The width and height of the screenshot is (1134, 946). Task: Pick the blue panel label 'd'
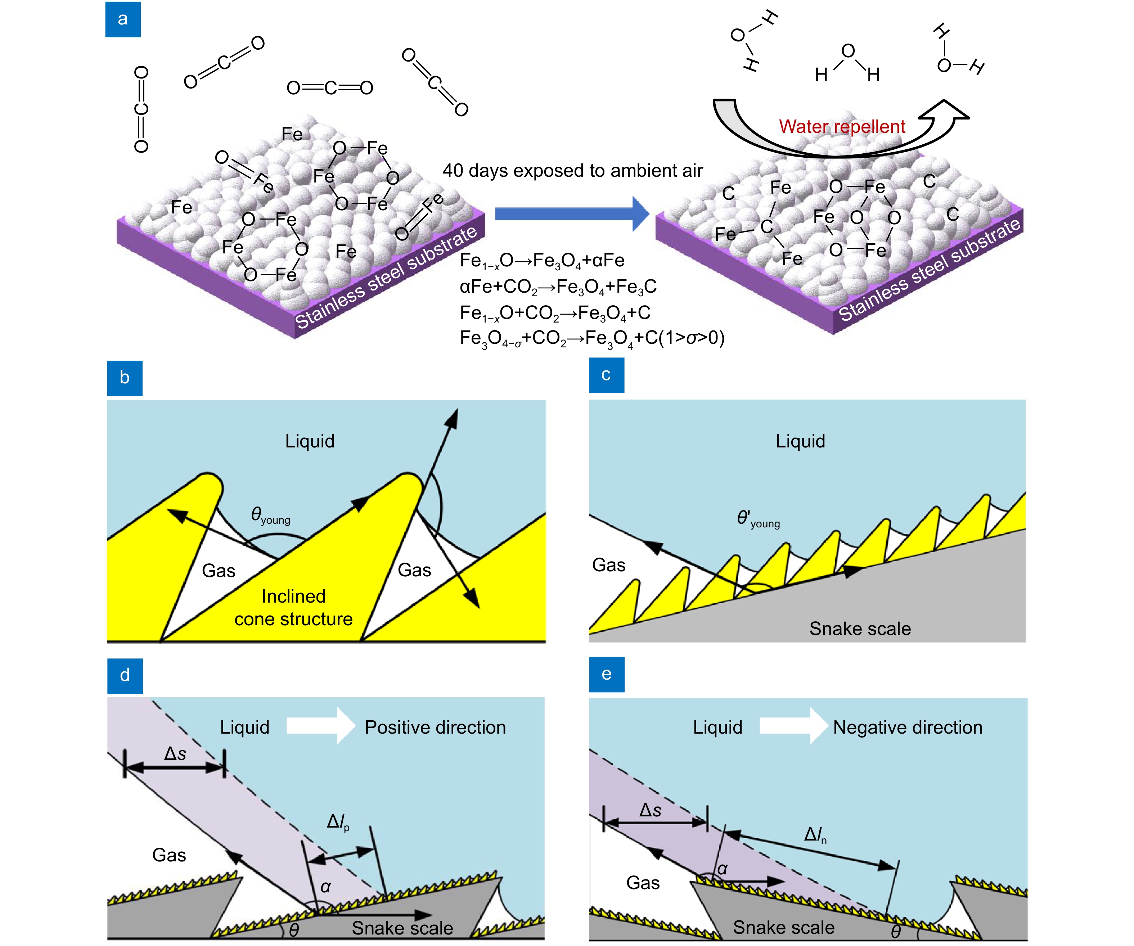click(x=125, y=675)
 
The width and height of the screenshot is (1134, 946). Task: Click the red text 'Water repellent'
click(x=841, y=126)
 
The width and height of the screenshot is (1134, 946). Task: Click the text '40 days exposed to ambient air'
click(x=572, y=171)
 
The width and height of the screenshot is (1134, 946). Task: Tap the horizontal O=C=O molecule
click(x=329, y=87)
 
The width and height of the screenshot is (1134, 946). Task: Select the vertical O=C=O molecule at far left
click(x=141, y=109)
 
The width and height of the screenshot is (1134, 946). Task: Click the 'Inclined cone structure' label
click(x=293, y=608)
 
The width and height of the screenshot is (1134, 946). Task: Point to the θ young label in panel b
click(x=270, y=515)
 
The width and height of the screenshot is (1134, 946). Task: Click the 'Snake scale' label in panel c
click(x=860, y=629)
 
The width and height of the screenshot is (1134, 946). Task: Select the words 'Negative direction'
click(x=907, y=727)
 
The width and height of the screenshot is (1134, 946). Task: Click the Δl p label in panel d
click(x=338, y=822)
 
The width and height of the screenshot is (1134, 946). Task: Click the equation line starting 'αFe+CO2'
click(x=558, y=287)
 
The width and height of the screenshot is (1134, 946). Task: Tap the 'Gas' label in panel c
click(x=608, y=565)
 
